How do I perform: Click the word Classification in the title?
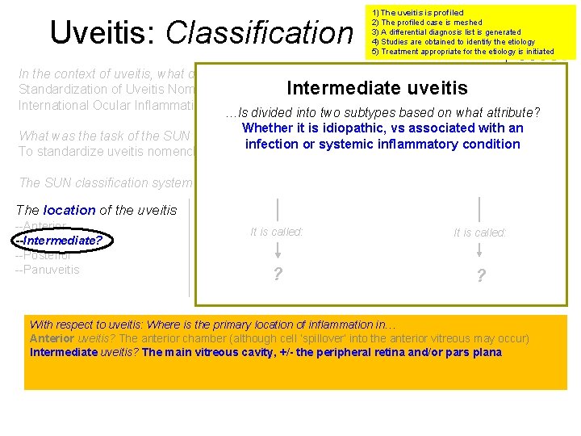259,32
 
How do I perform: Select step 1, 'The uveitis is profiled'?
417,13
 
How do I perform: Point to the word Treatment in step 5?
401,52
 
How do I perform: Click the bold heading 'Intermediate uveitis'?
378,88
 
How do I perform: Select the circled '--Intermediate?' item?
63,241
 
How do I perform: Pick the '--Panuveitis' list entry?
48,270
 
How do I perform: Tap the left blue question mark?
278,274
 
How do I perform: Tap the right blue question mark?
481,275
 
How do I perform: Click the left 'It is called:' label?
277,232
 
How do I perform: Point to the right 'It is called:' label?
480,233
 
